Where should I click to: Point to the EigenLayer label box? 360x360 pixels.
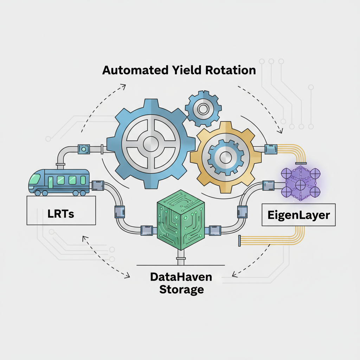298,215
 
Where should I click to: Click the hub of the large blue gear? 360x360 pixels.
151,144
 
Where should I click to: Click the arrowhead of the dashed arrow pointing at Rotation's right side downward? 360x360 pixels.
280,131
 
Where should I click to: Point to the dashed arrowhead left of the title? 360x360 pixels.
123,85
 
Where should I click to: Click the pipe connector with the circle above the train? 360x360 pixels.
84,149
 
